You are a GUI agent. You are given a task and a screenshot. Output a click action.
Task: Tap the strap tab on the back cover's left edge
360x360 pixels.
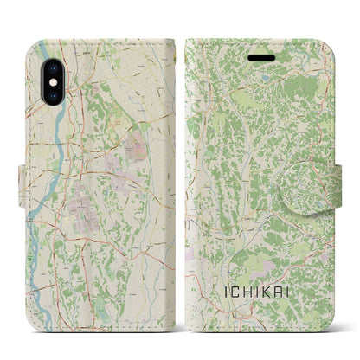pos(23,184)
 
